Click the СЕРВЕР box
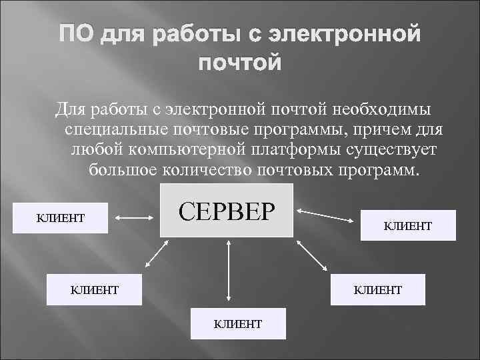point(227,209)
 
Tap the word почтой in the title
point(240,63)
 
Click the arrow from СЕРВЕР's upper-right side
point(327,214)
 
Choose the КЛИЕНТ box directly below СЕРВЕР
point(237,323)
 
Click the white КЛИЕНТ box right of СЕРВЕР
point(408,225)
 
